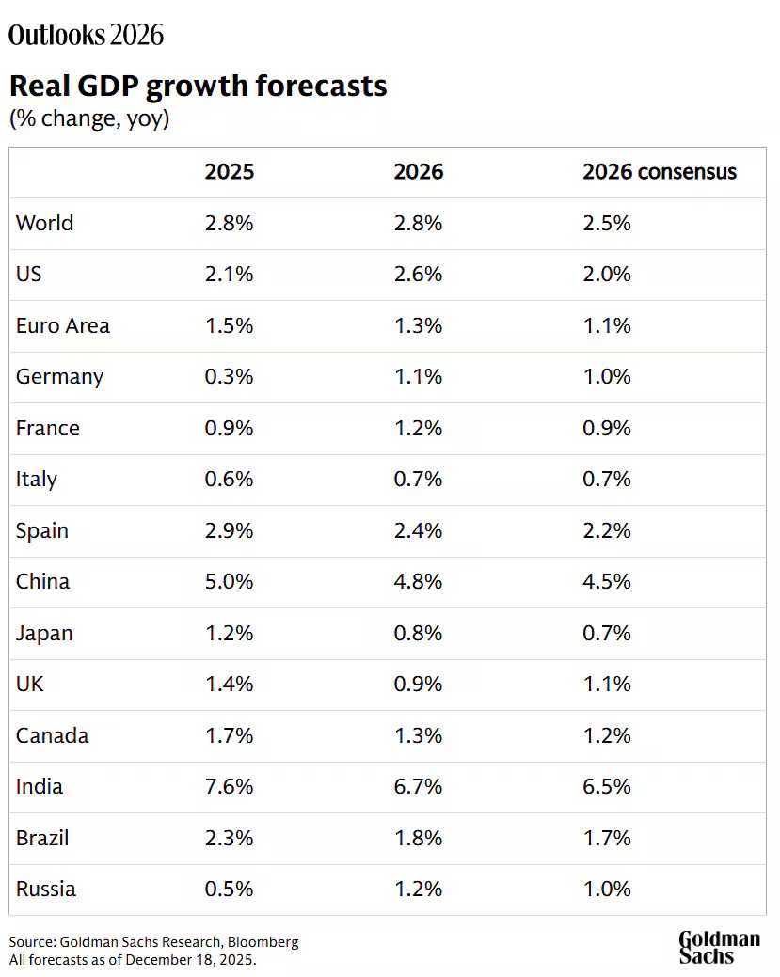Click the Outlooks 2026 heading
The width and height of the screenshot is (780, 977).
[86, 36]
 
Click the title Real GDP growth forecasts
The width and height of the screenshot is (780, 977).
[198, 87]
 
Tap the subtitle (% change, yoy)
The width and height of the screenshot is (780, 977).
[89, 119]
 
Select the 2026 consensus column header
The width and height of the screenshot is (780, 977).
[659, 172]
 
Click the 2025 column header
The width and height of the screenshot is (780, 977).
[230, 172]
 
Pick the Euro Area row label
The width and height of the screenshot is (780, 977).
[63, 326]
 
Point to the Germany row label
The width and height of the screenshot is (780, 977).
[59, 377]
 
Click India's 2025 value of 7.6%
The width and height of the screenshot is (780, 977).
[230, 786]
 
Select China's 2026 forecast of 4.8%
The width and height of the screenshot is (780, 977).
[418, 581]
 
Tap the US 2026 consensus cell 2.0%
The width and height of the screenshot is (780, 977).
[607, 275]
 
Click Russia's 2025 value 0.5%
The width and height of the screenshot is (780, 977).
[230, 889]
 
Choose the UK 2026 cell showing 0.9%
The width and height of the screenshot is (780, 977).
[418, 684]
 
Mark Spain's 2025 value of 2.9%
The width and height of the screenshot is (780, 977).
[230, 530]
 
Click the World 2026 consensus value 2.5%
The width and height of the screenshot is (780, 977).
[607, 224]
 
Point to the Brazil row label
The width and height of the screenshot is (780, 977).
[42, 838]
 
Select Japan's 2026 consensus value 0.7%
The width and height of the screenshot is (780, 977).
[607, 633]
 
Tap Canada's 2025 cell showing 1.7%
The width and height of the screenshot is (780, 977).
[230, 735]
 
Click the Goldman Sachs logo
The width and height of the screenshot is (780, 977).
[719, 947]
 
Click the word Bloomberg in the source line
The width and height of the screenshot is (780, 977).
[260, 942]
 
